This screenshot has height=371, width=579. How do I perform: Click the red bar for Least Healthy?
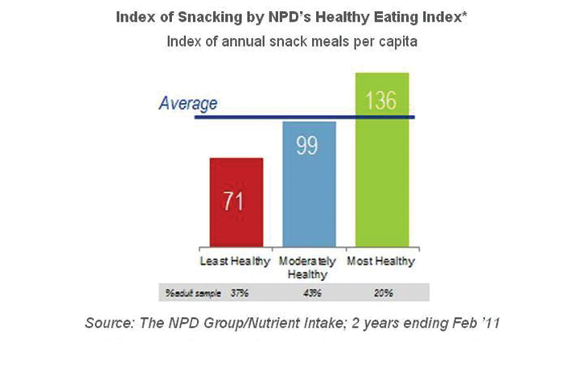pyautogui.click(x=236, y=205)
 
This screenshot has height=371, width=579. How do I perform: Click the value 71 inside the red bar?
pyautogui.click(x=234, y=200)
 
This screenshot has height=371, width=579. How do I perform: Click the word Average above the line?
pyautogui.click(x=187, y=103)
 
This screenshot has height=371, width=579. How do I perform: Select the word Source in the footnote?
pyautogui.click(x=109, y=324)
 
